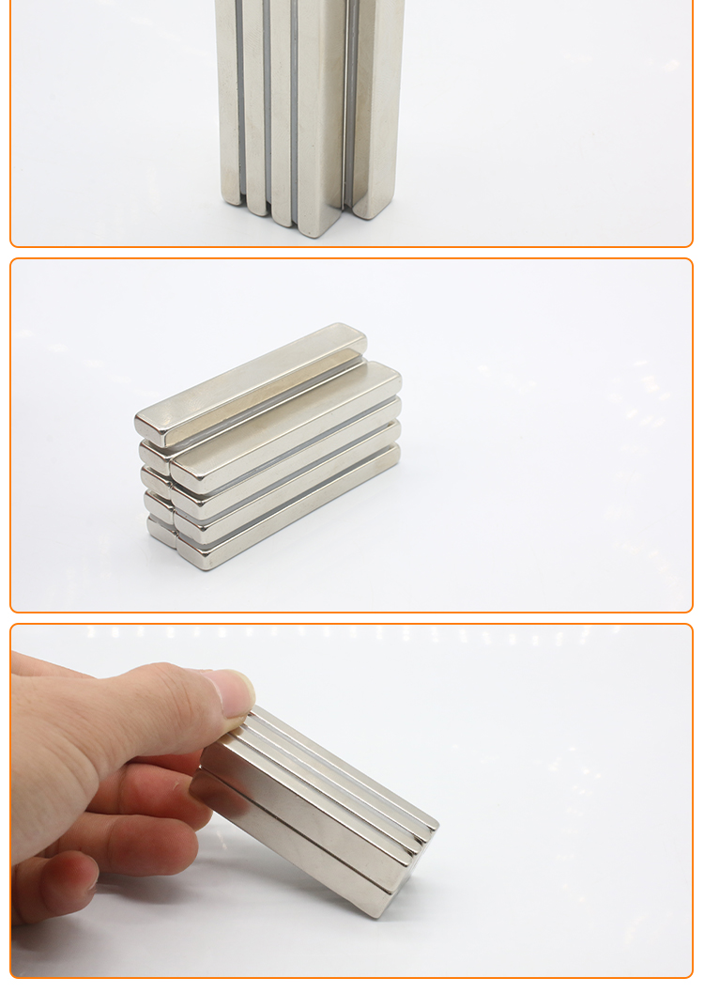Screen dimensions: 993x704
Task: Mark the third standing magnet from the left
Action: click(x=281, y=103)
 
